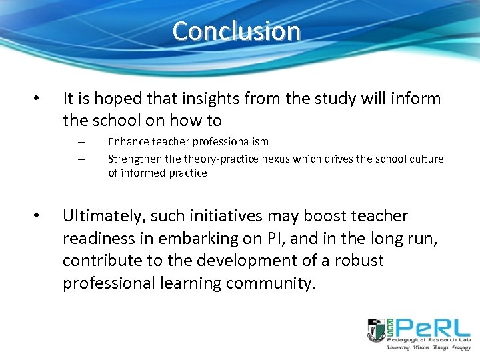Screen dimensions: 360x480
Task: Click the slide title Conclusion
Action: coord(237,31)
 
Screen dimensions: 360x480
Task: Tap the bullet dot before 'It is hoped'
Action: coord(37,99)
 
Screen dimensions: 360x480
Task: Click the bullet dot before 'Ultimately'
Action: coord(37,216)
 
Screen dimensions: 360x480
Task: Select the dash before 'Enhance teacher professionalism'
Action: coord(80,142)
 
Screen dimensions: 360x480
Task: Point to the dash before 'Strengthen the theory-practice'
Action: coord(80,159)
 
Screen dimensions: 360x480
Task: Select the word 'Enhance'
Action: coord(128,141)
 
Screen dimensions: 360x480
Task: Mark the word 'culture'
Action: coord(426,158)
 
